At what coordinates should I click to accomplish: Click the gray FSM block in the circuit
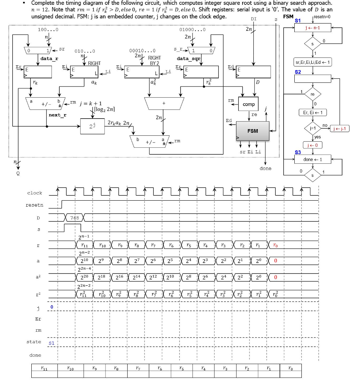(x=252, y=131)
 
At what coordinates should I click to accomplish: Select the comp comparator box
(x=248, y=104)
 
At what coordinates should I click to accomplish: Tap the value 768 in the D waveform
(x=75, y=217)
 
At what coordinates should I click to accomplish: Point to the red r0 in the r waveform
(x=275, y=245)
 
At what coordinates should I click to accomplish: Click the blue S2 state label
(x=298, y=72)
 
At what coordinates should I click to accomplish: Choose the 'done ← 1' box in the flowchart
(x=313, y=160)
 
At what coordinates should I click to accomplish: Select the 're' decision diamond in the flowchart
(x=313, y=95)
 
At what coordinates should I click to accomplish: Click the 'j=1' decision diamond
(x=313, y=128)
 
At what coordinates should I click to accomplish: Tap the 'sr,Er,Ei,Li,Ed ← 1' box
(x=313, y=62)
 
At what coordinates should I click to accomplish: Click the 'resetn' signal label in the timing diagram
(x=34, y=205)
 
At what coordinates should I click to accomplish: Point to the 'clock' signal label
(x=35, y=193)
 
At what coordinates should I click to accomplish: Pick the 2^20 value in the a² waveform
(x=85, y=277)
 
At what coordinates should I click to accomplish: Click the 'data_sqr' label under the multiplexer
(x=188, y=59)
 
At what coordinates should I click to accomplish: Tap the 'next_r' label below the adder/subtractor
(x=58, y=115)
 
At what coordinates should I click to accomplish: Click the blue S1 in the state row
(x=51, y=342)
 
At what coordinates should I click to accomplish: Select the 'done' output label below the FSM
(x=265, y=169)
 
